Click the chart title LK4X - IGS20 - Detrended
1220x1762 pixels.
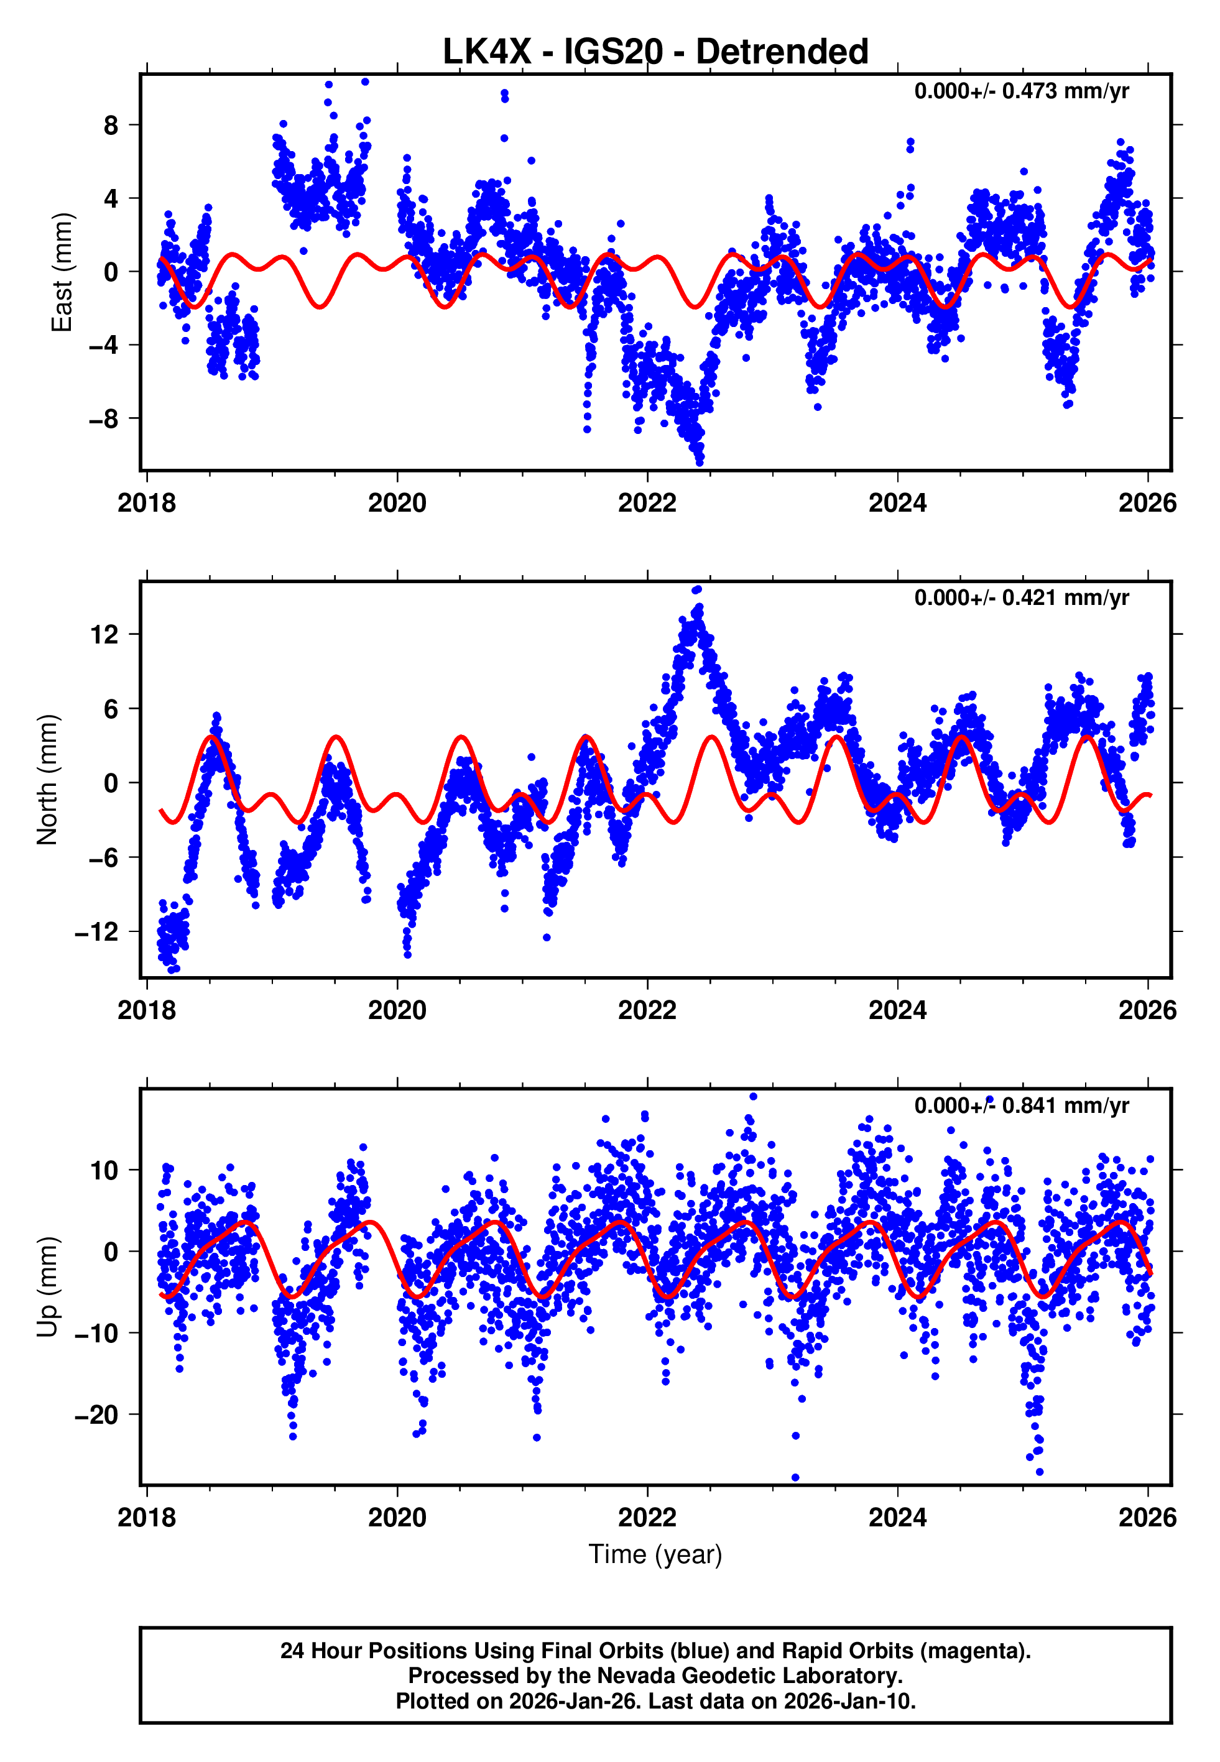coord(655,52)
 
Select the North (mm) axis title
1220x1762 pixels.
coord(47,780)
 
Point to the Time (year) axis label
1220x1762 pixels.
coord(655,1554)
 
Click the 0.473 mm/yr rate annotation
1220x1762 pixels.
coord(1021,91)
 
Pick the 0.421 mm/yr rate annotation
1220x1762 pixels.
coord(1021,597)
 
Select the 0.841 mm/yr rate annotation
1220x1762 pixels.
coord(1021,1105)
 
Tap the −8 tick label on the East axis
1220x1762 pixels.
coord(104,418)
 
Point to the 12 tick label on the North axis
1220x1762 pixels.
coord(104,634)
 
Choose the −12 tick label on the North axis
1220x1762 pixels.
coord(96,931)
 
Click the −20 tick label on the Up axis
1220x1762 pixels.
coord(96,1414)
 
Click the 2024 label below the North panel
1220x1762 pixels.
coord(897,1010)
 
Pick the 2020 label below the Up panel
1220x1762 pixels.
coord(397,1517)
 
